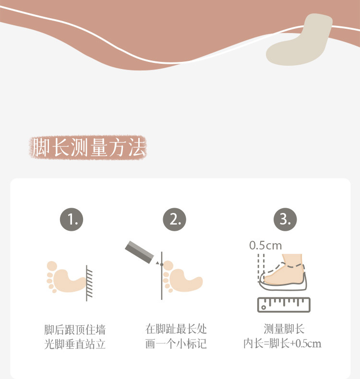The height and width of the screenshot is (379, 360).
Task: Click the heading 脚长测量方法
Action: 89,147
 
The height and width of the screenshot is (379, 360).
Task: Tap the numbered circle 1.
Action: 72,219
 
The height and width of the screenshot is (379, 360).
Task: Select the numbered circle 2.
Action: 175,219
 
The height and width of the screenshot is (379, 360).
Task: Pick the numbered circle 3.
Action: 285,219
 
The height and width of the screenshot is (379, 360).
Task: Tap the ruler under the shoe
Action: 284,305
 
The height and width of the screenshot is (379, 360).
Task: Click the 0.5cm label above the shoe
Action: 265,246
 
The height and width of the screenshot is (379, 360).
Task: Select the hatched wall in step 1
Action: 89,283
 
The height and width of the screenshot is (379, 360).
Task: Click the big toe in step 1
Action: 52,266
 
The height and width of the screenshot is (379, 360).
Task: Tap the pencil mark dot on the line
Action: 162,265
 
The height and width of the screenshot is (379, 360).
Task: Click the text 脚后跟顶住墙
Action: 75,330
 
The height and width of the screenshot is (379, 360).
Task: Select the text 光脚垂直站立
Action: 75,344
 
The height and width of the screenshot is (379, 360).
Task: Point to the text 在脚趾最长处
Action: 176,329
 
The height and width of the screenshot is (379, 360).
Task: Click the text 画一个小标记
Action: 176,343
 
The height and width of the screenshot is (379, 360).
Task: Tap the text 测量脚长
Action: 284,329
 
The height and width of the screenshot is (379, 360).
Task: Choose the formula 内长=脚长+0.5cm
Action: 282,343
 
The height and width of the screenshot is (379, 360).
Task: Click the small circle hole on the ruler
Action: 264,308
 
